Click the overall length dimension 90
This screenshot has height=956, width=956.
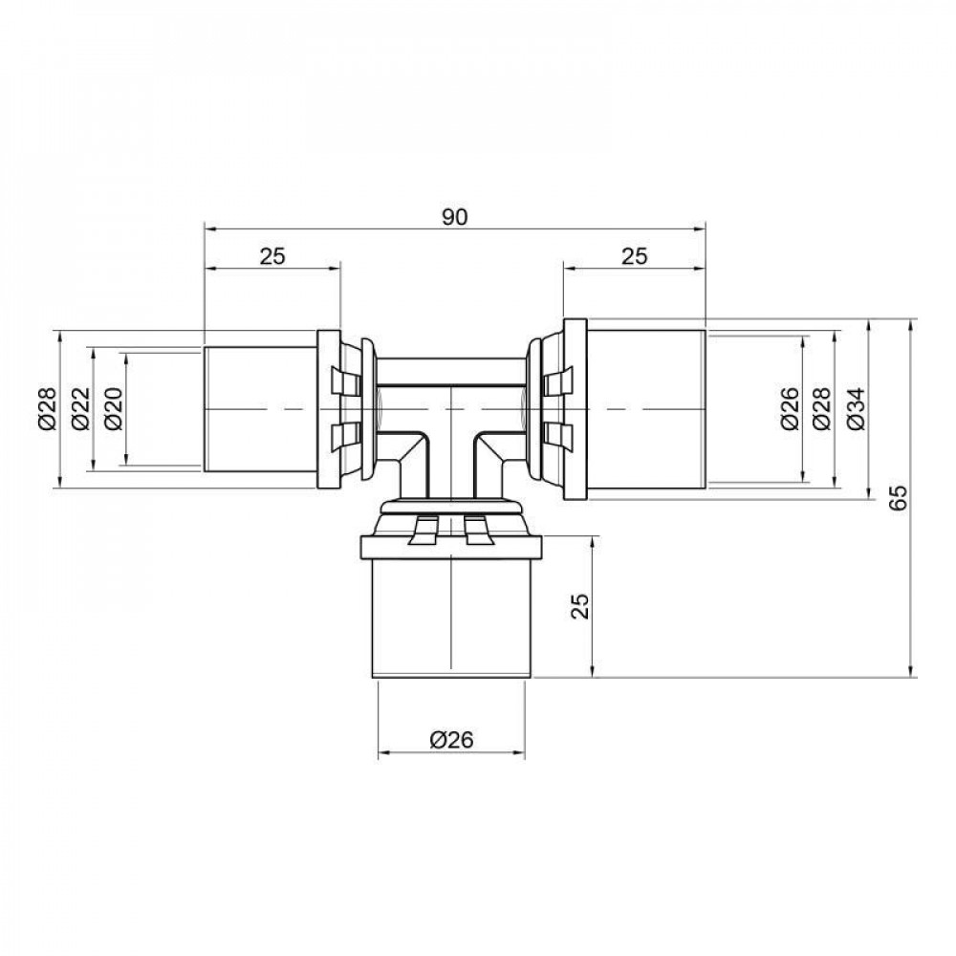coord(454,217)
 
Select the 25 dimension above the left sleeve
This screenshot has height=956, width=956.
coord(272,255)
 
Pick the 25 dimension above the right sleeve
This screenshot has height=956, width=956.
coord(634,255)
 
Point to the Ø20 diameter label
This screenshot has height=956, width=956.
coord(113,409)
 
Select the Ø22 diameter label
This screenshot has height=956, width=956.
coord(79,409)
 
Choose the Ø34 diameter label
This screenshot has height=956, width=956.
coord(855,409)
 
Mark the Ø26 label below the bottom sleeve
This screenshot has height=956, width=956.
coord(451,739)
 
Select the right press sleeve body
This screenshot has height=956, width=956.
coord(645,409)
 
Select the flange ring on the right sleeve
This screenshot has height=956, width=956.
coord(574,409)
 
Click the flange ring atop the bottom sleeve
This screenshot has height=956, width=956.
coord(451,548)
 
